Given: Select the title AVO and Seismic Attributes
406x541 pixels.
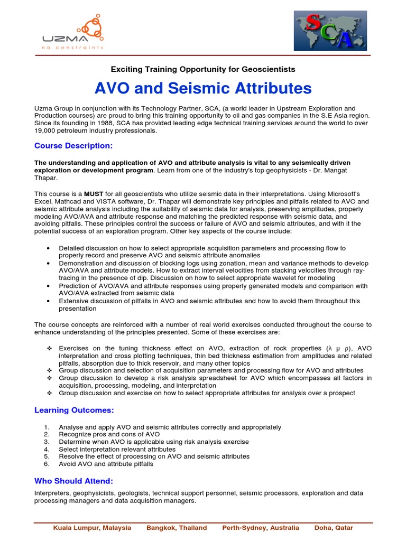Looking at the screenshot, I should [x=203, y=88].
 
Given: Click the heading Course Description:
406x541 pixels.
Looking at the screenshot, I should [x=73, y=145].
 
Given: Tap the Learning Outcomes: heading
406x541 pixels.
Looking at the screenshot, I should [x=74, y=410].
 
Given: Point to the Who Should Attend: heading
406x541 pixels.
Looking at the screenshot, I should [x=73, y=481].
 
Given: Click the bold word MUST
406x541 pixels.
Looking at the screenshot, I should [x=93, y=194].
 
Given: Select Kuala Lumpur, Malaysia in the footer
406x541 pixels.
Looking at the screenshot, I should [x=92, y=527].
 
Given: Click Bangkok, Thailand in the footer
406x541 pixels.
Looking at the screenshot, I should [x=177, y=527].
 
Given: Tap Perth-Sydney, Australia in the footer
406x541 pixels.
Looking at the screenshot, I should [x=260, y=527].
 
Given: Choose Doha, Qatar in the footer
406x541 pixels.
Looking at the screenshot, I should [x=334, y=527].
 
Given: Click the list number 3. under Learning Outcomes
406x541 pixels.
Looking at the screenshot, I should [x=47, y=442].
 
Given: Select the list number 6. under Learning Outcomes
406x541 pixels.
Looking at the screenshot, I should [x=47, y=464].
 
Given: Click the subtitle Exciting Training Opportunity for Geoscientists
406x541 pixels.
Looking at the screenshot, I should [x=203, y=69].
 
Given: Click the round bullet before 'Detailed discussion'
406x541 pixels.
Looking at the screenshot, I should [x=48, y=248].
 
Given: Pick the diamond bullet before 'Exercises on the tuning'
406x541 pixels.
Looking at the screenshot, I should [x=48, y=349].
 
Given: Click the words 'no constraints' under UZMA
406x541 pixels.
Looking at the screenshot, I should [x=72, y=47].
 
